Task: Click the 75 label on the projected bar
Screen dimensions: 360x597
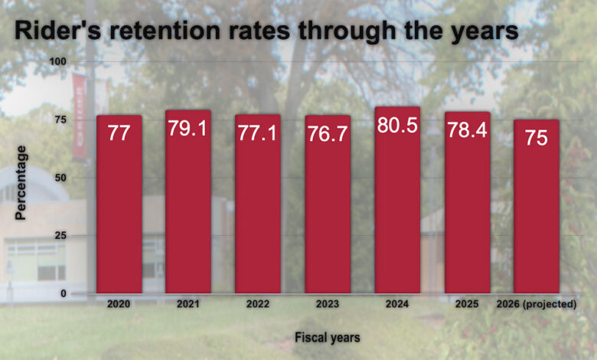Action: coord(536,139)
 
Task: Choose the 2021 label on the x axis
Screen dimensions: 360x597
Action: coord(188,304)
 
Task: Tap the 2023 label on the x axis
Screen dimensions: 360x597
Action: coord(328,304)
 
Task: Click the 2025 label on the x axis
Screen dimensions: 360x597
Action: coord(467,304)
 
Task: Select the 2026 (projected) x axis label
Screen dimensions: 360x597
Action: coord(536,304)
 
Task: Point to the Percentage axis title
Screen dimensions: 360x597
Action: coord(21,182)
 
